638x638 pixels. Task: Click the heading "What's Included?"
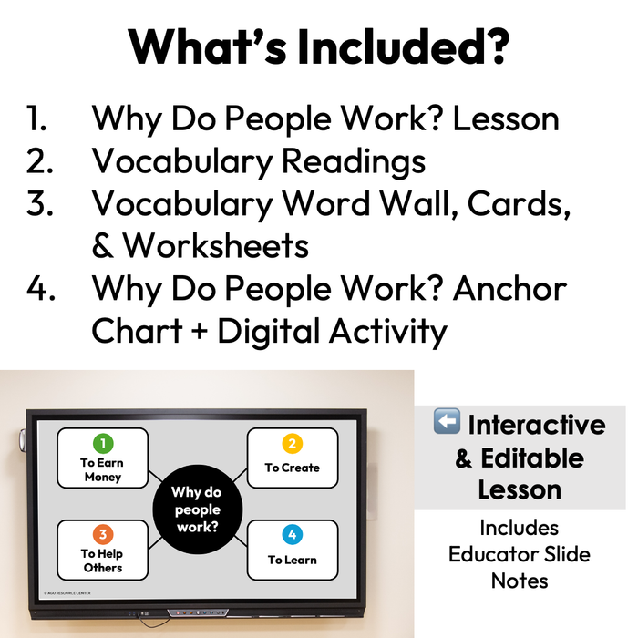[318, 46]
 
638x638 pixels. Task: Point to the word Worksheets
[216, 245]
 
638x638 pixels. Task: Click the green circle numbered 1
[103, 444]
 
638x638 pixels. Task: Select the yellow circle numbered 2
[292, 444]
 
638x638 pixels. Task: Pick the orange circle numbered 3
[103, 534]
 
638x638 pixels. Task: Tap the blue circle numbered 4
[292, 534]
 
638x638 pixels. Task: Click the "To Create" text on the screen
[293, 468]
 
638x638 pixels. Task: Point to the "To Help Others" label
[101, 561]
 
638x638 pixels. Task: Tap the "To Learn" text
[293, 559]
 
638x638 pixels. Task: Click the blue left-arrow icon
[447, 424]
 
